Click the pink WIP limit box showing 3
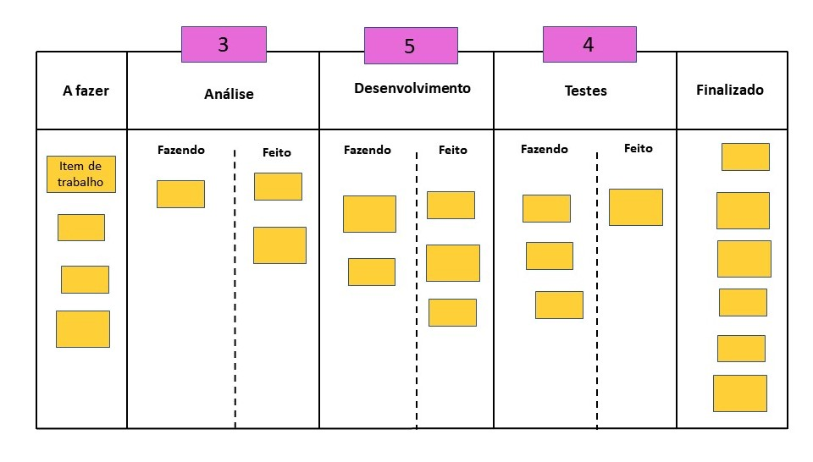224,44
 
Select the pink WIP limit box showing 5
411,46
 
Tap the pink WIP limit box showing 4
589,44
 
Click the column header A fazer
86,91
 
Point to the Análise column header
229,94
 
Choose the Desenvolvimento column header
412,88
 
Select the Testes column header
585,91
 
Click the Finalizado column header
729,90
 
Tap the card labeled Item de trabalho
81,173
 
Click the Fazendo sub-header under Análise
181,150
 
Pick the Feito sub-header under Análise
277,152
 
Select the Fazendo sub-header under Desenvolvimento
368,150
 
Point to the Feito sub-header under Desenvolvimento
453,150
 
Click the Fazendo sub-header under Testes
545,149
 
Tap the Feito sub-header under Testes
639,148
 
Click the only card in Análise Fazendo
180,194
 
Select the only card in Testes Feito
636,207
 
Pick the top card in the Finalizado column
745,157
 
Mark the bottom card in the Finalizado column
740,393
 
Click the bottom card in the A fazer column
83,329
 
